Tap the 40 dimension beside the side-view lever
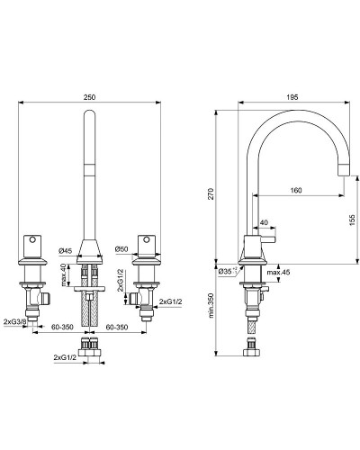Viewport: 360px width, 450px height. point(264,221)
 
